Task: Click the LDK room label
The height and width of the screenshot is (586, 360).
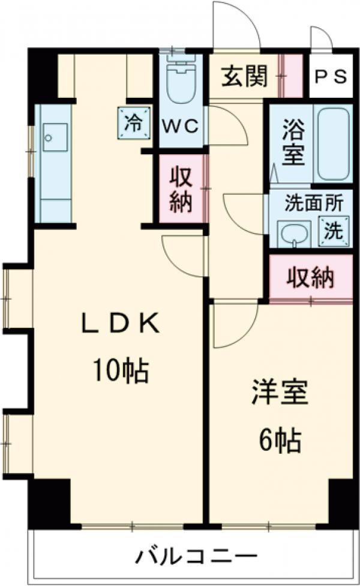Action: click(x=121, y=325)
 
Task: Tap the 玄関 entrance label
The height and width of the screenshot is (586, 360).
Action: click(x=244, y=76)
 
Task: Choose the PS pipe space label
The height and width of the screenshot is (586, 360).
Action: click(x=331, y=77)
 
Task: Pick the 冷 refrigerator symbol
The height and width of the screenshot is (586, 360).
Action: click(x=133, y=123)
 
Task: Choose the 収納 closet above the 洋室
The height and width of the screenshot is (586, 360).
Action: click(x=310, y=277)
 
